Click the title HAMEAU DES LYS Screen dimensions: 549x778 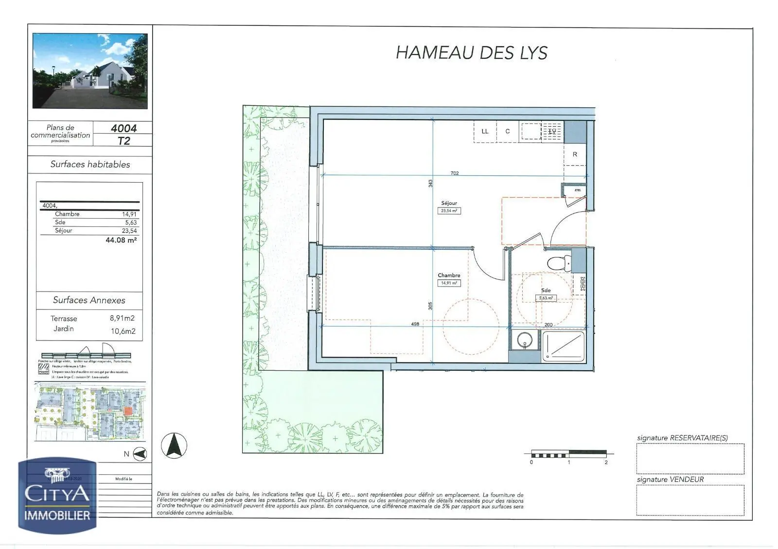[x=471, y=52]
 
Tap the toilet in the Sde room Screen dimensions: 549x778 [x=559, y=264]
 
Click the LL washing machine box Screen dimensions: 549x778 [x=485, y=131]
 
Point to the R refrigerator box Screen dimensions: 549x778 [x=575, y=154]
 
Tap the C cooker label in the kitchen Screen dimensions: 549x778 [x=507, y=131]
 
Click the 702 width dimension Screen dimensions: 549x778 [x=455, y=173]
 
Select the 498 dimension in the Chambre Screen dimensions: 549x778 [x=415, y=324]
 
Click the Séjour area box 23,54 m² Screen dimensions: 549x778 [x=449, y=211]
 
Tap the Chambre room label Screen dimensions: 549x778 [x=449, y=275]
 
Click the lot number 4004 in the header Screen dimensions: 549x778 [x=124, y=128]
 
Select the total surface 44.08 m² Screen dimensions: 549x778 [x=121, y=240]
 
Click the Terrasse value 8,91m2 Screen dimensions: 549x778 [x=122, y=319]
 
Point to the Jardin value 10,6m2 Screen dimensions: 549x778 [x=123, y=331]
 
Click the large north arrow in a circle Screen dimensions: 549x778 [x=174, y=446]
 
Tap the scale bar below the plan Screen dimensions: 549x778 [x=568, y=454]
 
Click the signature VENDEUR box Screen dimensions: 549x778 [x=690, y=500]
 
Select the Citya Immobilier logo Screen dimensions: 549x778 [x=57, y=496]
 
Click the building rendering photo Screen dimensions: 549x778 [x=90, y=71]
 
